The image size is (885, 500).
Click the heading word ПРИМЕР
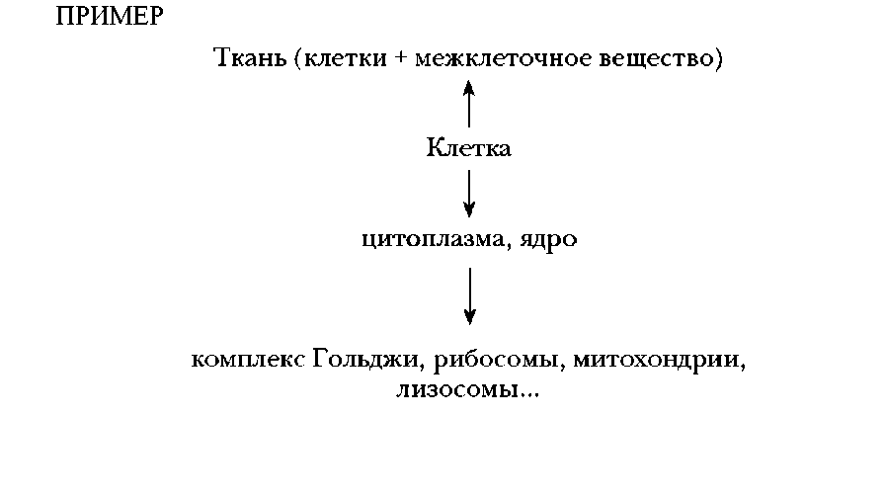tap(110, 17)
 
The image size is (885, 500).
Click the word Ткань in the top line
tap(250, 57)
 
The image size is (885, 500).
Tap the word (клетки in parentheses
tap(341, 58)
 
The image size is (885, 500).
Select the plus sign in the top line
tap(401, 58)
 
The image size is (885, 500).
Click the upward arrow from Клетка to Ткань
tap(468, 104)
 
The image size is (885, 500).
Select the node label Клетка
tap(468, 148)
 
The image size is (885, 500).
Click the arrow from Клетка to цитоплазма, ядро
tap(469, 194)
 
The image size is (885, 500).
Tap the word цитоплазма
tap(433, 239)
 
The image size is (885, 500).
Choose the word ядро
tap(548, 240)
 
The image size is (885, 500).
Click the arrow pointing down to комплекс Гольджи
tap(469, 296)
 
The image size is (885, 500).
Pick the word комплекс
tap(248, 360)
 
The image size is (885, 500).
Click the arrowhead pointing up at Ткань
tap(468, 88)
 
